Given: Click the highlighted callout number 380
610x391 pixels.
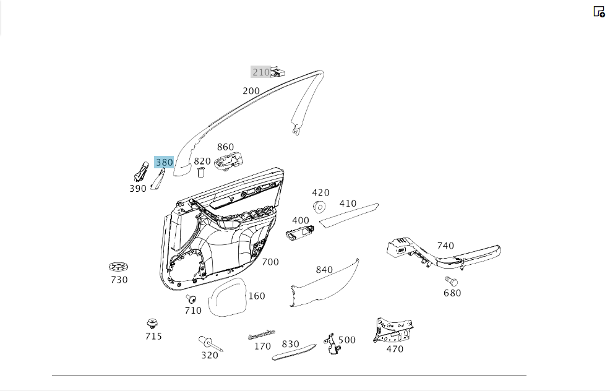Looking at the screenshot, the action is point(164,162).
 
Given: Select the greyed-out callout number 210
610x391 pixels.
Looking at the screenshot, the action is point(261,72).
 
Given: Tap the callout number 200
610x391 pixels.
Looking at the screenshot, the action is point(251,91).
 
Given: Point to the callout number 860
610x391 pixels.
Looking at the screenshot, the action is point(225,147).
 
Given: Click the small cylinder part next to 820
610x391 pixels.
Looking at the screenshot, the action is point(201,172).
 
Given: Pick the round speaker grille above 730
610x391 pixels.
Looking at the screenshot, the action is point(119,267).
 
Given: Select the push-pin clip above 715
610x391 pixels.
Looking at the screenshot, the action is point(152,324).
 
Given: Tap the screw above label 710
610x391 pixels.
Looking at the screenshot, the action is point(191,299).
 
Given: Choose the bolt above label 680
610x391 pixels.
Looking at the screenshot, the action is point(451,281).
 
